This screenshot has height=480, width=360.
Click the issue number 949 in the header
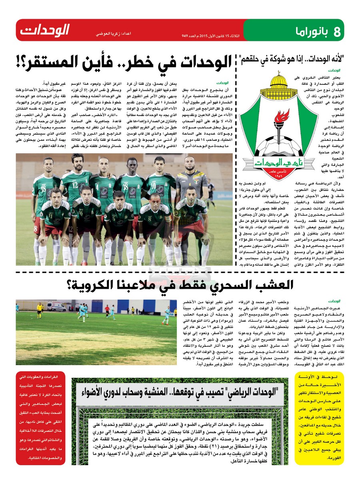pyautogui.click(x=185, y=36)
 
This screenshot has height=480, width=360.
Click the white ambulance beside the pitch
pyautogui.click(x=56, y=306)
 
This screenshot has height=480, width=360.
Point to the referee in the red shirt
pyautogui.click(x=107, y=311)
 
